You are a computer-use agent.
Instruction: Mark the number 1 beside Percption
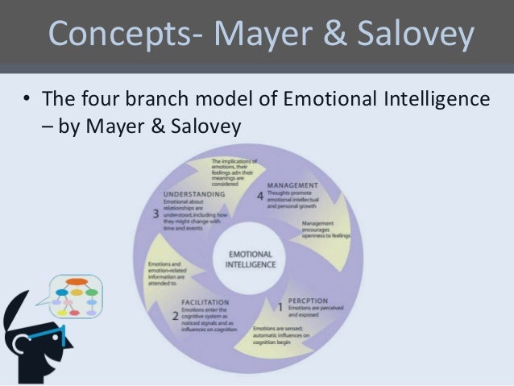pos(280,306)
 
